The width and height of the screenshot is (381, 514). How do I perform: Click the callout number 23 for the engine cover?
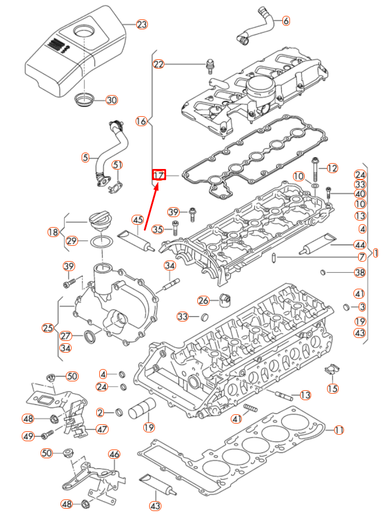141,25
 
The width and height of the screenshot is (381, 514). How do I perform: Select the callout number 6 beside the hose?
286,21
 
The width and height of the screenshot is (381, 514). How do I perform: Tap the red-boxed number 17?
159,175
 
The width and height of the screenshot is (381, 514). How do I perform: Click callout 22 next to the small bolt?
159,64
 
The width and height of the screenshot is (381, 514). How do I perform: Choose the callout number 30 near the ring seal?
112,100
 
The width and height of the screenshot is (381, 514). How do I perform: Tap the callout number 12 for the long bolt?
332,168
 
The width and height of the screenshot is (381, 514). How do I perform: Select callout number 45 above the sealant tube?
138,219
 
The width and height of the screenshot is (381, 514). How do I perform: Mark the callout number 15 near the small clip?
332,388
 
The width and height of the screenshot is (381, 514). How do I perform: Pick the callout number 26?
203,301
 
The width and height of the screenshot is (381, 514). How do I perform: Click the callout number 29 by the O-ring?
72,241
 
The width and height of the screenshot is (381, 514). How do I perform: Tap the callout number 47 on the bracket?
102,429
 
